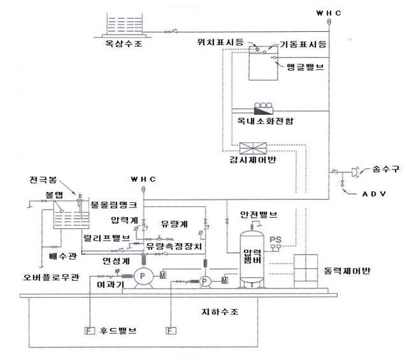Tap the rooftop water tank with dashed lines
click(122, 23)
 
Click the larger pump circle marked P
click(142, 278)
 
